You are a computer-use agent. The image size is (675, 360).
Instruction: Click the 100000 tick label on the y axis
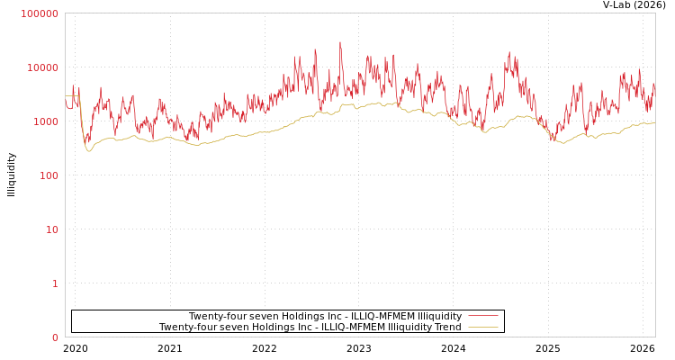point(40,13)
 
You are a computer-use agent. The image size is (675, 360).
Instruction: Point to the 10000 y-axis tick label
point(42,67)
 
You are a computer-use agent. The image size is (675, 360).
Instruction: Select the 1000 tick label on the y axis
point(45,121)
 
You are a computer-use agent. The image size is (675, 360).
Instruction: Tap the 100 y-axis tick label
point(48,175)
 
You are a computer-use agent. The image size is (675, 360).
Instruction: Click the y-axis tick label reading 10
point(51,229)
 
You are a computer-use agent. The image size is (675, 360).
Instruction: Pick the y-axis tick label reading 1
point(55,283)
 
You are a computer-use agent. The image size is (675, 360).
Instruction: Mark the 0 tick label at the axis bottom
point(55,337)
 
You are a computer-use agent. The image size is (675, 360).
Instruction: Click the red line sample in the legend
point(483,316)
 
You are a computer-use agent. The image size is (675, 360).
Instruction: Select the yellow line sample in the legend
point(483,327)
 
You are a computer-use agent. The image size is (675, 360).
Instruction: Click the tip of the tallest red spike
point(340,41)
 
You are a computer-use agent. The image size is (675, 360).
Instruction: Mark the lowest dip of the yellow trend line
point(89,150)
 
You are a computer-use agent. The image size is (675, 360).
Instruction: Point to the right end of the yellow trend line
point(654,122)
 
